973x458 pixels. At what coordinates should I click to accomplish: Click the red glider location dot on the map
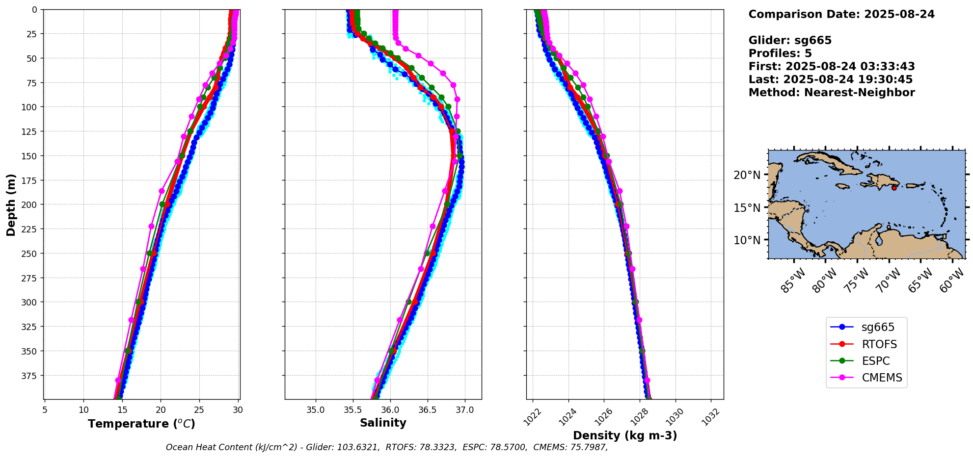coord(894,188)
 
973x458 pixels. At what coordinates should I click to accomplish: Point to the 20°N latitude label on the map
coord(747,175)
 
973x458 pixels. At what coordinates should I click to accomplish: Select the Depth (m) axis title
coord(11,204)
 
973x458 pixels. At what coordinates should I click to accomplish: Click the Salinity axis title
coord(383,423)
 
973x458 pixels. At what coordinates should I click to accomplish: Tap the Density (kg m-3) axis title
coord(625,435)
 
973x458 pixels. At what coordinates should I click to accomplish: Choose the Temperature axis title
coord(141,424)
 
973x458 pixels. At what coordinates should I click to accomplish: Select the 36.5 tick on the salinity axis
coord(427,410)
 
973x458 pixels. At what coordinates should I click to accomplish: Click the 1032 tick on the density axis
coord(710,416)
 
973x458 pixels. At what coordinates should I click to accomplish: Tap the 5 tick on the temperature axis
coord(45,410)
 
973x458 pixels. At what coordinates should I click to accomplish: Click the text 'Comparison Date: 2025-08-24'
coord(841,14)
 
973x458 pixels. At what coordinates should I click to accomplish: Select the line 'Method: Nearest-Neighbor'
coord(832,93)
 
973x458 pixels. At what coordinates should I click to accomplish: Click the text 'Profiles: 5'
coord(780,53)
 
